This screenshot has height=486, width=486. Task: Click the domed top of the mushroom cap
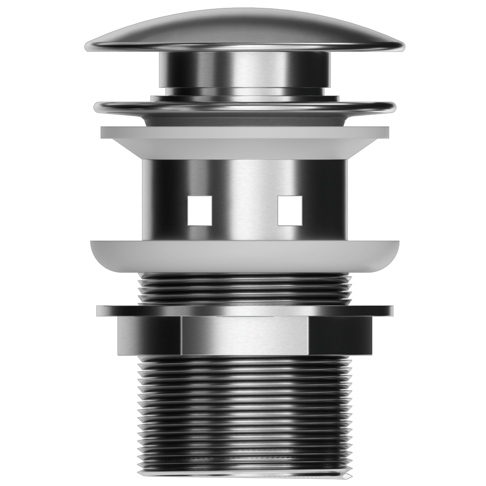point(243,24)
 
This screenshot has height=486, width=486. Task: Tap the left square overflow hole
point(200,210)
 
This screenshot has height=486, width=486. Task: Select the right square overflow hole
point(290,210)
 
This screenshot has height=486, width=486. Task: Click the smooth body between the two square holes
point(244,210)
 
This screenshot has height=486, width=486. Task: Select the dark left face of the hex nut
point(148,335)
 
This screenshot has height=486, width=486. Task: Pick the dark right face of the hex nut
point(340,335)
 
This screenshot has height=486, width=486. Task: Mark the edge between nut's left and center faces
point(181,335)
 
